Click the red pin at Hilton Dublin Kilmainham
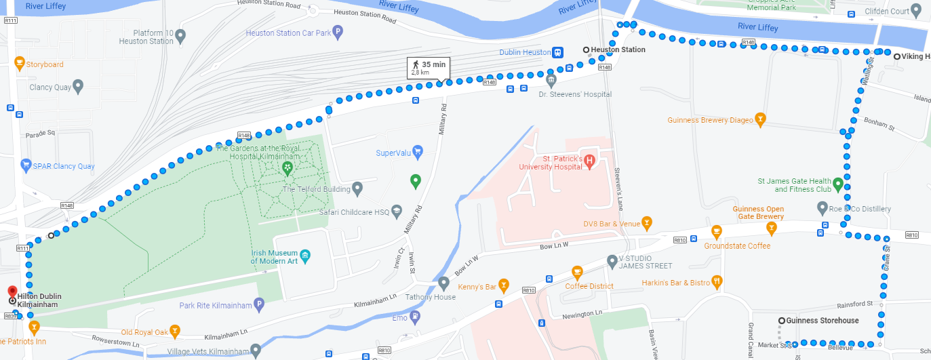[x=12, y=292]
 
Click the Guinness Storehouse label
[x=823, y=321]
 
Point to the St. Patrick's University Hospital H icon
[x=589, y=161]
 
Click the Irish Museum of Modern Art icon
[x=306, y=256]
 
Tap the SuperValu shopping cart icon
[x=418, y=151]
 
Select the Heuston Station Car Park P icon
[x=338, y=31]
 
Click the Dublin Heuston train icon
[x=557, y=52]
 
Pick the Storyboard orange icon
[x=20, y=64]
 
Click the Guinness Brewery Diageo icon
[x=760, y=120]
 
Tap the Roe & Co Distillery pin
[x=823, y=207]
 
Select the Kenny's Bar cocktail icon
[x=503, y=284]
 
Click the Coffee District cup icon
[x=577, y=273]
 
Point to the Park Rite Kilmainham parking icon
[x=258, y=305]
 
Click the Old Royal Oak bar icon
[x=175, y=332]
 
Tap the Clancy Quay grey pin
[x=78, y=86]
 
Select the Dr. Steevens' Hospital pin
[x=551, y=81]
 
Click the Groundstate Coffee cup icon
[x=716, y=233]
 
